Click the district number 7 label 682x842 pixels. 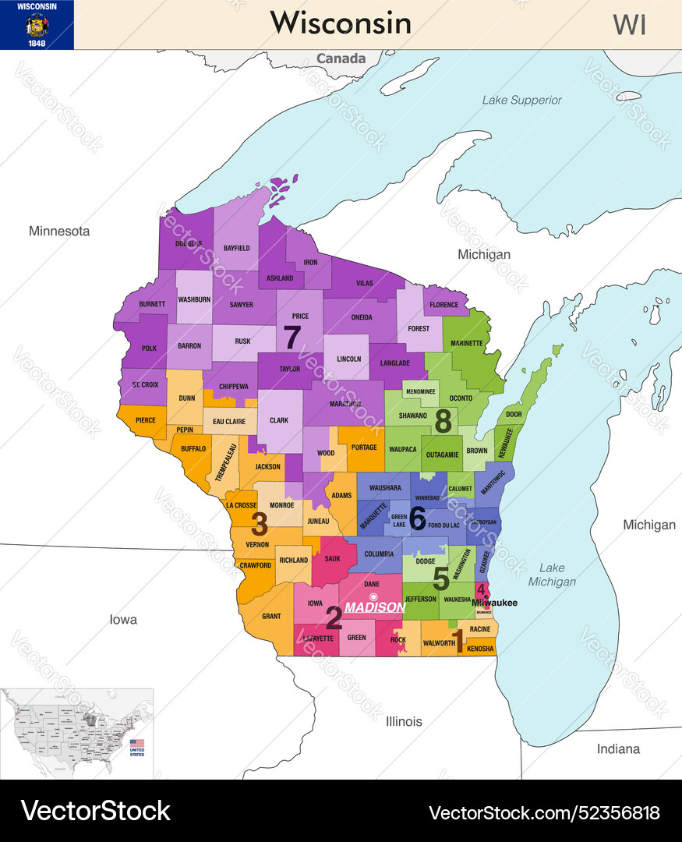pos(292,338)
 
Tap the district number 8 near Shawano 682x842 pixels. pos(443,421)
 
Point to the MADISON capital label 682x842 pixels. pos(375,607)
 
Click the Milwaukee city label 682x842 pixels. pos(494,603)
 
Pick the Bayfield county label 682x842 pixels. pos(236,248)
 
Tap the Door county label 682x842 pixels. pos(514,415)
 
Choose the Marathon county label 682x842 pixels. pos(344,404)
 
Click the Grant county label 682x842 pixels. pos(271,616)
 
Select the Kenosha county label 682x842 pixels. pos(479,649)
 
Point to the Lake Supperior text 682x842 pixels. pos(521,100)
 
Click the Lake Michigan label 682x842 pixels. pos(552,575)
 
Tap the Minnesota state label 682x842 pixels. pos(59,231)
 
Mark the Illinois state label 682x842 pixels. pos(404,721)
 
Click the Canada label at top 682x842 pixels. pos(341,58)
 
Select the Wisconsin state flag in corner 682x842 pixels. pos(37,25)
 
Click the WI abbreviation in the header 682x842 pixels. pos(629,25)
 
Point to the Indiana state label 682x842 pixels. pos(618,748)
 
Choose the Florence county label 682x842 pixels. pos(444,305)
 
